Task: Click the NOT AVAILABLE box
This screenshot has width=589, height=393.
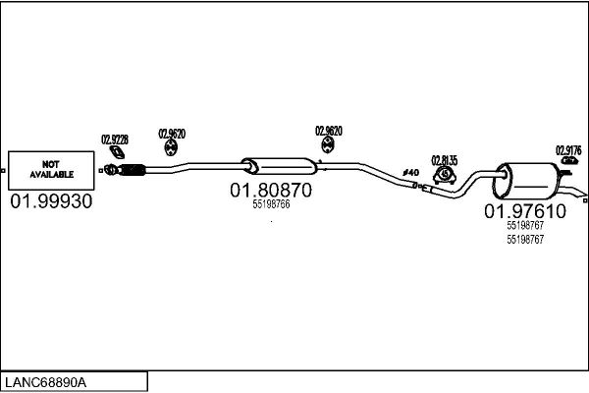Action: point(51,170)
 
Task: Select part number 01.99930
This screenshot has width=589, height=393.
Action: point(51,201)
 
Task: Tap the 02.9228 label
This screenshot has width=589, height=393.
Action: point(115,140)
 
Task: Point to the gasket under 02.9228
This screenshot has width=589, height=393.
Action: point(117,152)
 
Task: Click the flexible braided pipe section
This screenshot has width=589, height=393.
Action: point(132,170)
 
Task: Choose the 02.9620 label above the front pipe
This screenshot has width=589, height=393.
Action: point(172,134)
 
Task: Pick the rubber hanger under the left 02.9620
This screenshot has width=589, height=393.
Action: point(171,147)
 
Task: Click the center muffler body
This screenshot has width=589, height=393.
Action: point(280,166)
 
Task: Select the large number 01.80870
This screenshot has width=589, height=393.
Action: point(271,191)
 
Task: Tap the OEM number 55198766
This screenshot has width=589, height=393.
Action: point(271,204)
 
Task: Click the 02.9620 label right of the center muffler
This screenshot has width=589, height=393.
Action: point(329,131)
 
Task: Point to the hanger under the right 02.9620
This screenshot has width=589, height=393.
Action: point(328,145)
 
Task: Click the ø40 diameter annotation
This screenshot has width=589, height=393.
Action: point(411,173)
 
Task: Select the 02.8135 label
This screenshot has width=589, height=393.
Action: point(445,160)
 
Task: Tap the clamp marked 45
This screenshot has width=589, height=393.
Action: point(445,175)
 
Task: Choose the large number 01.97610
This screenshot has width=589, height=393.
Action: point(525,211)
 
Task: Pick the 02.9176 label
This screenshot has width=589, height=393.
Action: point(568,150)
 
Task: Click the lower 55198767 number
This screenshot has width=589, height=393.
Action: point(525,240)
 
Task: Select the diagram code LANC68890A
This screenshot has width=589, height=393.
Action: point(45,382)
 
